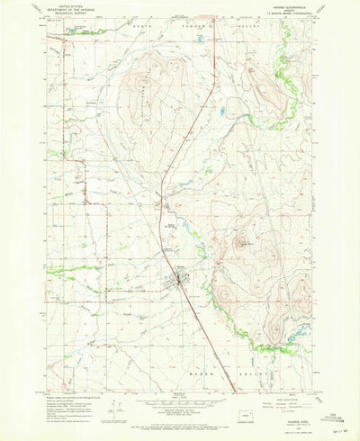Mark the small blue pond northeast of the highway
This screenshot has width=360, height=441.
click(222, 112)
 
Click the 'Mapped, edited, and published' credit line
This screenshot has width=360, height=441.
click(63, 371)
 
